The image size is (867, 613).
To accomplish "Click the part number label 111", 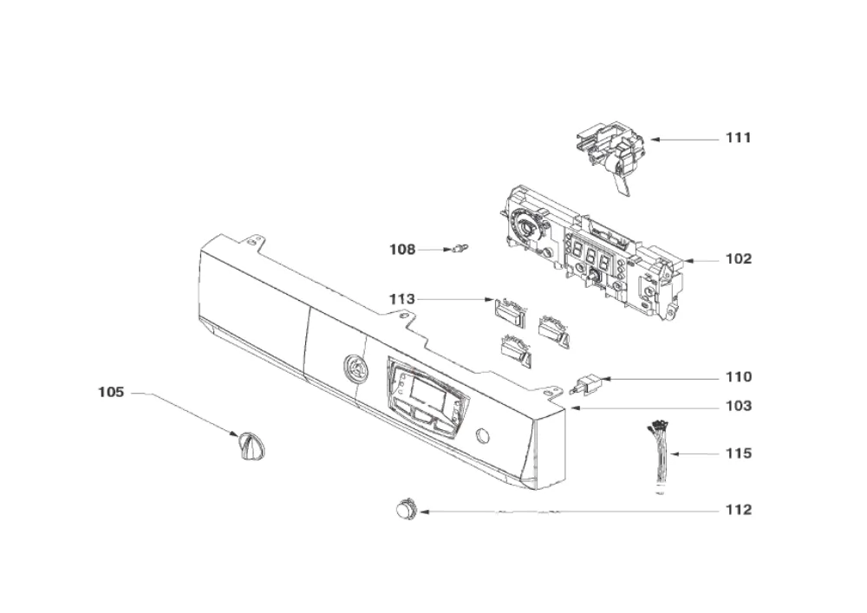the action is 739,138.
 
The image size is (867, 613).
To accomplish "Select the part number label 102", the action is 739,258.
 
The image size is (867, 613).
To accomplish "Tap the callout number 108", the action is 402,250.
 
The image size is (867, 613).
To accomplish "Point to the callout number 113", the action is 402,299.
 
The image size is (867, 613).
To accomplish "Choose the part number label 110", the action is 739,377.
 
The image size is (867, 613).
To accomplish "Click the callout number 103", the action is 739,407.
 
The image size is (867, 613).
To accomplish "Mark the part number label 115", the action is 739,453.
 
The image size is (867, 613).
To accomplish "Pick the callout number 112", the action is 739,510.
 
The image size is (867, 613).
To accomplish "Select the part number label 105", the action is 111,393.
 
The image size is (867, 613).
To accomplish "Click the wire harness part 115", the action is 658,455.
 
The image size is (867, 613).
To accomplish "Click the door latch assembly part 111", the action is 611,157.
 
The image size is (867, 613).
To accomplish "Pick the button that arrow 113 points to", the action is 507,311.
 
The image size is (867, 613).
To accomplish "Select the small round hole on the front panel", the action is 481,435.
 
